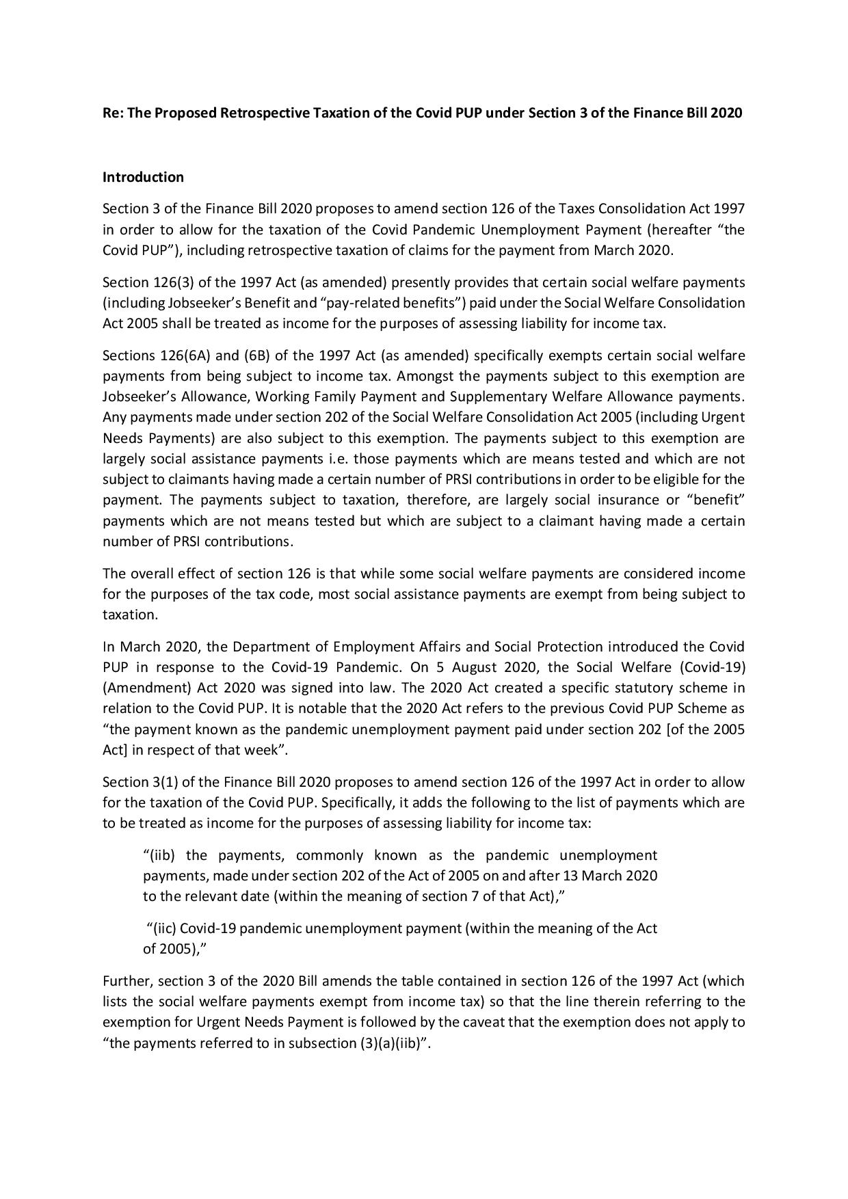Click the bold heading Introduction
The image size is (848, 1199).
143,177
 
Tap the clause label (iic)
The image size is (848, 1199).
162,928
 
